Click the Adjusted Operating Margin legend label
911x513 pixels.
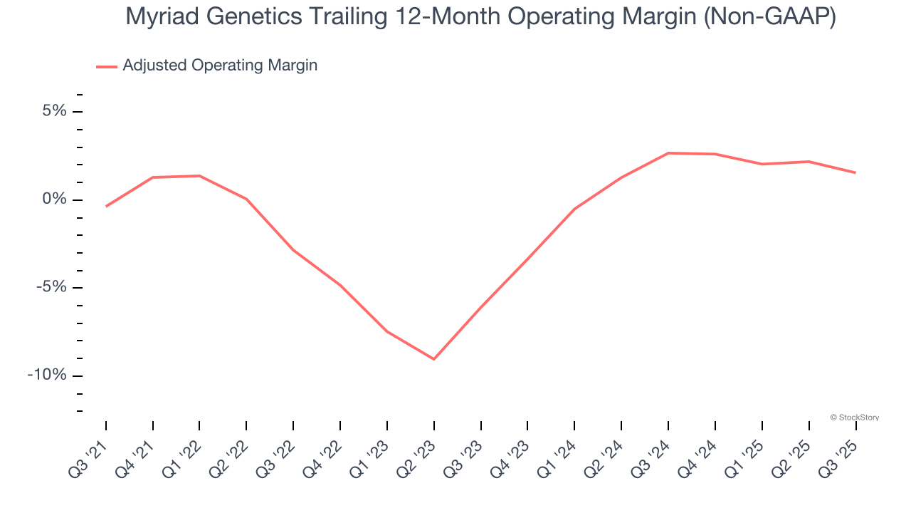coord(220,66)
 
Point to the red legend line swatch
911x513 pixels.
coord(106,67)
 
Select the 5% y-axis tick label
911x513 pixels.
coord(54,111)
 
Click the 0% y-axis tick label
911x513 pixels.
coord(54,199)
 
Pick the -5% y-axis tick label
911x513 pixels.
coord(51,287)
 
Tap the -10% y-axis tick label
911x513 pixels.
coord(47,375)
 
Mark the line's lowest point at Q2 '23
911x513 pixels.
coord(433,359)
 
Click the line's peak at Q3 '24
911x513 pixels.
coord(668,153)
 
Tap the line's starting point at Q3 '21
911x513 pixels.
coord(106,207)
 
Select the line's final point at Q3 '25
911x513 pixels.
coord(855,172)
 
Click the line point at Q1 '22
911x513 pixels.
coord(199,176)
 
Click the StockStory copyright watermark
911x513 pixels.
coord(854,418)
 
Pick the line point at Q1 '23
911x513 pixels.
coord(387,331)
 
